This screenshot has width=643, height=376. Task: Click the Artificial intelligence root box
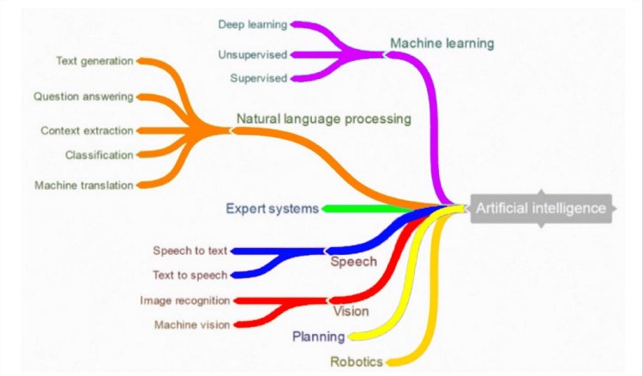pyautogui.click(x=541, y=209)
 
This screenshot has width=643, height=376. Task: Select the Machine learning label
pyautogui.click(x=442, y=42)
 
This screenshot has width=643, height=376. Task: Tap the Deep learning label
pyautogui.click(x=253, y=24)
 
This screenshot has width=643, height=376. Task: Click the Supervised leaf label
pyautogui.click(x=258, y=79)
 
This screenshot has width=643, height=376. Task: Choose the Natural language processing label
pyautogui.click(x=323, y=118)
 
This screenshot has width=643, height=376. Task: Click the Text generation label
pyautogui.click(x=94, y=61)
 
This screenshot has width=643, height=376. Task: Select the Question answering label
pyautogui.click(x=83, y=96)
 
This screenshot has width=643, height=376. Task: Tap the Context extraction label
pyautogui.click(x=87, y=130)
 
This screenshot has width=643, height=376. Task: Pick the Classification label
pyautogui.click(x=99, y=155)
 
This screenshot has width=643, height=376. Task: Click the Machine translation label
pyautogui.click(x=84, y=185)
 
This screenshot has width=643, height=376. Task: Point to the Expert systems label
pyautogui.click(x=272, y=208)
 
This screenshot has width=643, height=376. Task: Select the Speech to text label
pyautogui.click(x=190, y=251)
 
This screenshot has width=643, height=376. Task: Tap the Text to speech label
pyautogui.click(x=190, y=275)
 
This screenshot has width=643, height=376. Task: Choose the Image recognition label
pyautogui.click(x=184, y=300)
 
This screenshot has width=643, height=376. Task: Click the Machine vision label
pyautogui.click(x=191, y=324)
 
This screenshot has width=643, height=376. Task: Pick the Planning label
pyautogui.click(x=318, y=336)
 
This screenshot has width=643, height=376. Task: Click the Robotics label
pyautogui.click(x=357, y=361)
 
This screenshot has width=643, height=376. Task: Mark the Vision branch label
pyautogui.click(x=351, y=310)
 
